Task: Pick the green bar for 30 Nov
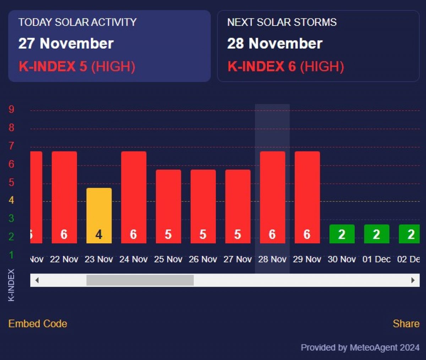(342, 234)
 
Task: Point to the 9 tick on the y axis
(11, 109)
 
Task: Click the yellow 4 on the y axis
(11, 200)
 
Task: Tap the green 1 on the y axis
(11, 255)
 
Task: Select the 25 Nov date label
(168, 259)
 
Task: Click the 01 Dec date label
(376, 259)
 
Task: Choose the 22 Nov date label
(64, 259)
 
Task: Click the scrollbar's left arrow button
(37, 280)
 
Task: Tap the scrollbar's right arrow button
(413, 280)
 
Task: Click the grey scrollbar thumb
(140, 280)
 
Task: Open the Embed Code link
(38, 323)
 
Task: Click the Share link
(406, 323)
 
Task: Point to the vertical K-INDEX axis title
(11, 285)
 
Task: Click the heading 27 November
(66, 44)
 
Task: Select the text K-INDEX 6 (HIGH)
(285, 66)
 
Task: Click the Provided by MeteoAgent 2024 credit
(360, 347)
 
